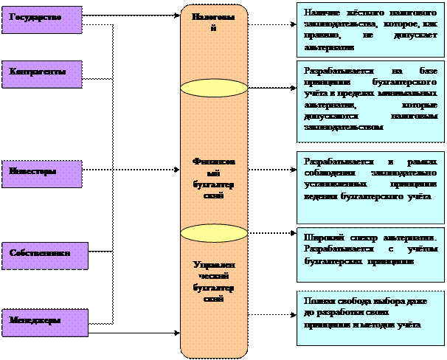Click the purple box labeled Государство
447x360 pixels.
coord(41,19)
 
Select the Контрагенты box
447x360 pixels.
coord(41,75)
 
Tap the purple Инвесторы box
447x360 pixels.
coord(41,173)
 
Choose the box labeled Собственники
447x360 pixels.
coord(44,255)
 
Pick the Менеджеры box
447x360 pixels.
coord(44,322)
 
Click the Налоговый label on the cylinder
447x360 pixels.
coord(214,21)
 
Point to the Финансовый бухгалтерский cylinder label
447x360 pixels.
coord(214,179)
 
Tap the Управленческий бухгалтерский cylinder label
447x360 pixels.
coord(214,281)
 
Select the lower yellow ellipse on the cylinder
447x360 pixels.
coord(214,234)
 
